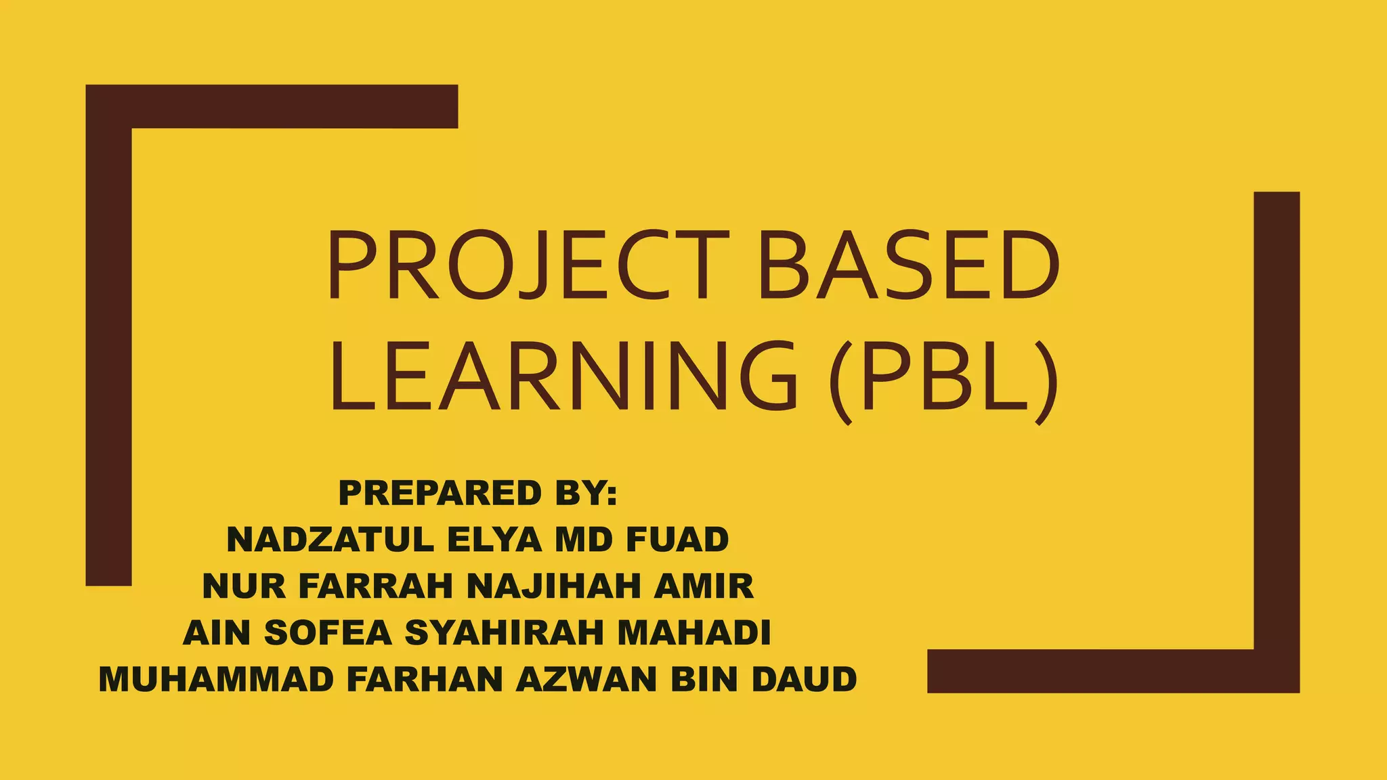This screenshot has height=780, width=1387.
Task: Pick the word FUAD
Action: click(677, 540)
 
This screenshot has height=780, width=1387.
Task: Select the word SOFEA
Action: click(328, 632)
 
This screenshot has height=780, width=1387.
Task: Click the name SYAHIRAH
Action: click(504, 632)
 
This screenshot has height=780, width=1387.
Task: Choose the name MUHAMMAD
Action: click(216, 679)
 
